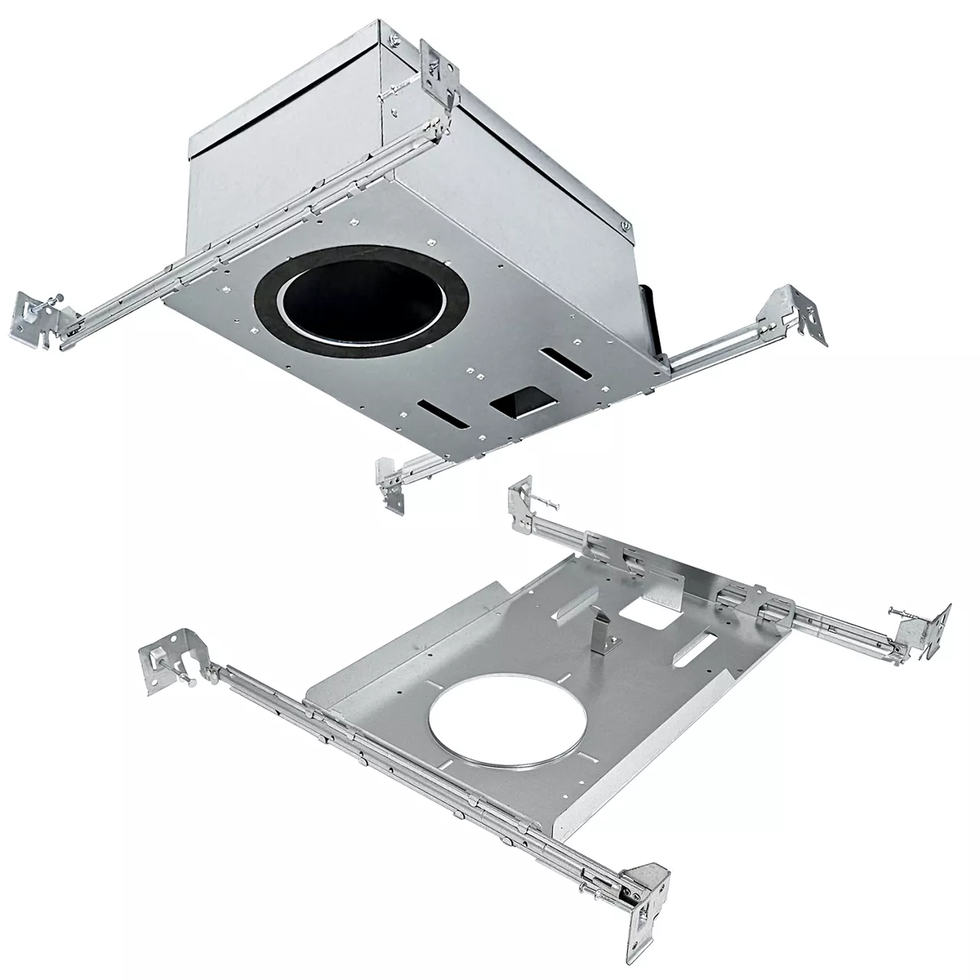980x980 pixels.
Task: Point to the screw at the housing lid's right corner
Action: pyautogui.click(x=625, y=225)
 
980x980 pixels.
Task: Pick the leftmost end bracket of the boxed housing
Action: pyautogui.click(x=38, y=315)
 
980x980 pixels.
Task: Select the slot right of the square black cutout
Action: pyautogui.click(x=567, y=364)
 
